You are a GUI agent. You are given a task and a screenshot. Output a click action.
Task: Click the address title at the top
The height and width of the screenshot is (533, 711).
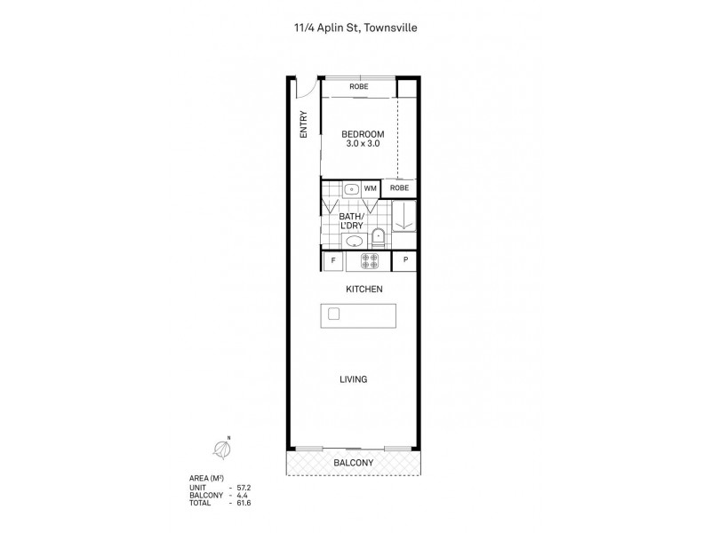[355, 28]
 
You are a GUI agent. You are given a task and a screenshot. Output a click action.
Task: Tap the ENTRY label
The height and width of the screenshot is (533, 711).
[303, 123]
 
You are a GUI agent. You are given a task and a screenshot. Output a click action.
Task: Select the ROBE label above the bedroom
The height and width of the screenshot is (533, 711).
[358, 87]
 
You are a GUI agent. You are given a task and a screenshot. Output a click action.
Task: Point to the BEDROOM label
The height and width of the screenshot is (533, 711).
[363, 134]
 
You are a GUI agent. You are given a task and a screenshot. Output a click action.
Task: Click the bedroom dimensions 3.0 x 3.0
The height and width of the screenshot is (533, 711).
[363, 144]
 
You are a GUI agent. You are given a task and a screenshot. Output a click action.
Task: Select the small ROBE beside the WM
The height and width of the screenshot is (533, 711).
[400, 188]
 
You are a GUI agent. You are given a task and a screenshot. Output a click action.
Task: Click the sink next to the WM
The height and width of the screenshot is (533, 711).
[351, 188]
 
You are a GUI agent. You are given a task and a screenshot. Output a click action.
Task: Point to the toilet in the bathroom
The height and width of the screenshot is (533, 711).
[378, 236]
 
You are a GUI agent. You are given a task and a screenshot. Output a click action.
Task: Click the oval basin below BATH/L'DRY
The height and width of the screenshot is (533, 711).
[352, 239]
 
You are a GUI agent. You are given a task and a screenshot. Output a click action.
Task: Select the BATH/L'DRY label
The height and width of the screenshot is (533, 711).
[352, 220]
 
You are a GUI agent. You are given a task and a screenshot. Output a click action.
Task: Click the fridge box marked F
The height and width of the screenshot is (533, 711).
[333, 260]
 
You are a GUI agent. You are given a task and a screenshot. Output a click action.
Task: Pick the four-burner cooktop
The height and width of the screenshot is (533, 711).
[370, 260]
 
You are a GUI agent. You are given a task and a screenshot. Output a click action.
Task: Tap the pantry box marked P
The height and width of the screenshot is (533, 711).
[405, 260]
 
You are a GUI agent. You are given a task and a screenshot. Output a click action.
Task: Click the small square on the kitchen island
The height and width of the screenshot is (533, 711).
[334, 314]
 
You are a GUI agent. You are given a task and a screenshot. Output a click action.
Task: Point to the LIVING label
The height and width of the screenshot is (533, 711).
[353, 379]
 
